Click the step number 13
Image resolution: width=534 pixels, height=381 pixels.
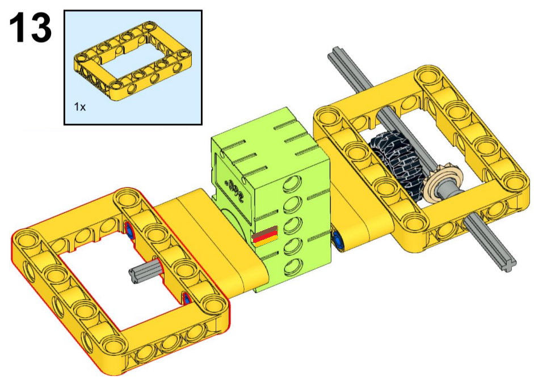coord(31,28)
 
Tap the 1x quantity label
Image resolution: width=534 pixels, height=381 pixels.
coord(79,107)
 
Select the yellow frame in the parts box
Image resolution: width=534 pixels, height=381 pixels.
coord(133,61)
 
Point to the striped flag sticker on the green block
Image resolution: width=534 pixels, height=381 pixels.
coord(265,236)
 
